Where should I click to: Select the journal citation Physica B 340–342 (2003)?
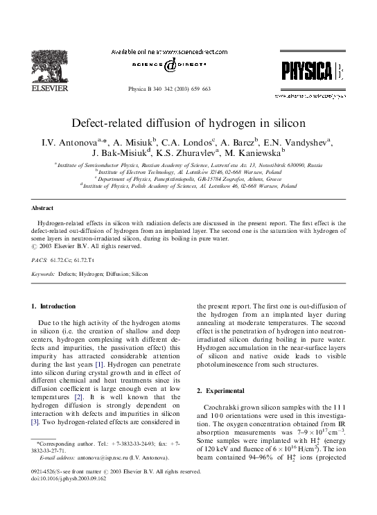click(x=168, y=91)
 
